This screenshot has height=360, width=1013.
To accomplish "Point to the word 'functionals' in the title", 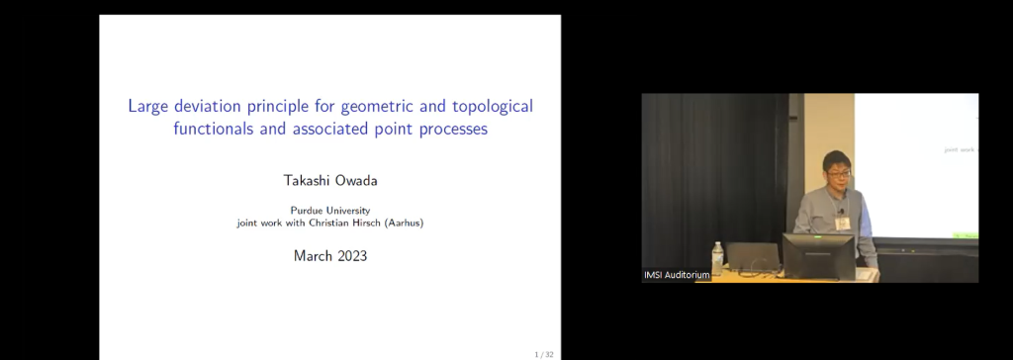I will click(x=215, y=129).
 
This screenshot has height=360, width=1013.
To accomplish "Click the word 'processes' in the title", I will click(x=451, y=129).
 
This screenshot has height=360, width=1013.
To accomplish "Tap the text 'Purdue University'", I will click(x=329, y=210).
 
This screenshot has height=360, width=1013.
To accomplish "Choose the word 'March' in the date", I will click(x=313, y=255).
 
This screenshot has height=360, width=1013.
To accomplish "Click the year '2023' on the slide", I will click(x=351, y=255).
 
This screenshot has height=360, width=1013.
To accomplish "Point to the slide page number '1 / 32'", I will click(x=542, y=352).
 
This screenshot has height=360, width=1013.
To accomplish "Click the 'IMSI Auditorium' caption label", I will click(x=678, y=274).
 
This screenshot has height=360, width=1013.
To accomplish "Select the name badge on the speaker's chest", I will click(x=842, y=223).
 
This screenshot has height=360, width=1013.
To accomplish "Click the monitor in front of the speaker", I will click(x=818, y=255).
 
